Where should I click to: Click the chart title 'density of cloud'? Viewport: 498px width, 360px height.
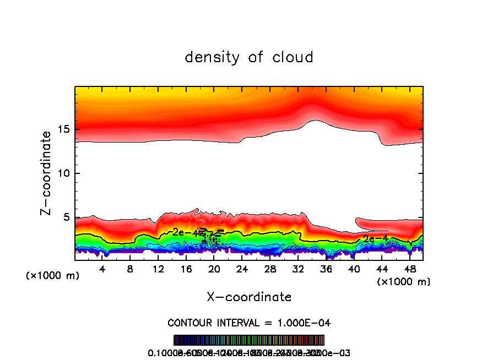click(249, 57)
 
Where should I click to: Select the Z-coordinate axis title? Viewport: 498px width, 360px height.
click(47, 173)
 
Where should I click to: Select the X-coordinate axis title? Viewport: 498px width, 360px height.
click(249, 297)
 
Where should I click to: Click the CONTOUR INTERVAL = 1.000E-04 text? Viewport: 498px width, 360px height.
click(249, 323)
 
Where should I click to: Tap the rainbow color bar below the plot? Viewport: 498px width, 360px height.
click(249, 340)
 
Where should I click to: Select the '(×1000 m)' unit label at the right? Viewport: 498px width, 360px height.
click(404, 282)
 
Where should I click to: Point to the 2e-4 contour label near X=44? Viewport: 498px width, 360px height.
click(376, 239)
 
